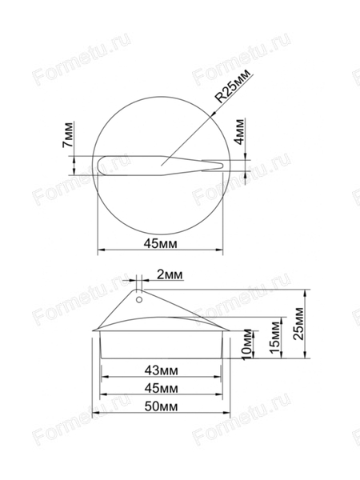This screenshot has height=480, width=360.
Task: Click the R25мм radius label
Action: (x=233, y=86)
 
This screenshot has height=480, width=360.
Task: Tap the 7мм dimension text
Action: (x=68, y=135)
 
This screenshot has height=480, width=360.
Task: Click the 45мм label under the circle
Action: (x=161, y=244)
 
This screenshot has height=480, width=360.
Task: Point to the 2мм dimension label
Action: (x=170, y=274)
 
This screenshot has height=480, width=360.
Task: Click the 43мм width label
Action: (x=161, y=370)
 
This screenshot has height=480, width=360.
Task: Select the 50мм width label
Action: (x=161, y=406)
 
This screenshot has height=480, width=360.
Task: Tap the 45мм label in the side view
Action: (x=161, y=389)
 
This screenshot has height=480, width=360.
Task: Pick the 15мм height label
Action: (x=275, y=337)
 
